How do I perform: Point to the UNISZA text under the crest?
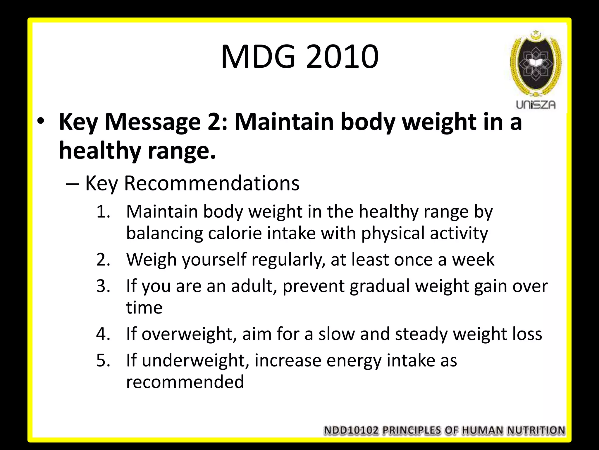click(536, 105)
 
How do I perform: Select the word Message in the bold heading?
click(153, 122)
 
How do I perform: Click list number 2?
click(103, 260)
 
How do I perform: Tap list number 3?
click(103, 286)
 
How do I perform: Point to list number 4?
click(103, 334)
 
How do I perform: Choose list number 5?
click(103, 360)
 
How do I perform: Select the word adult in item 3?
click(254, 286)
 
